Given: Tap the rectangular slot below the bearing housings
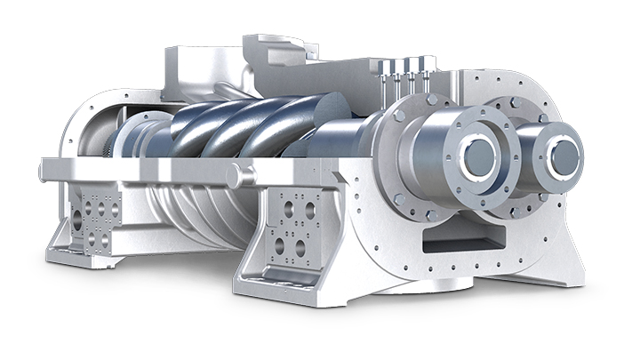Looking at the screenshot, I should click(452, 238).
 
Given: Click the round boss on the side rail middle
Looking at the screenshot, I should click(235, 176).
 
